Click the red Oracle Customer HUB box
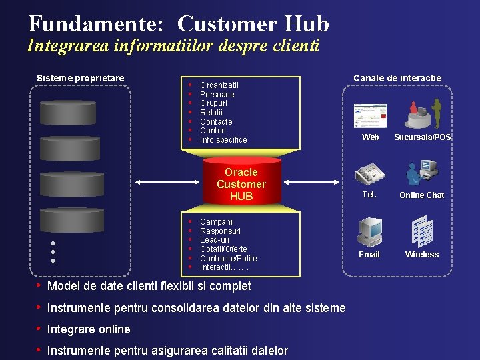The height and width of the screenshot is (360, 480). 241,183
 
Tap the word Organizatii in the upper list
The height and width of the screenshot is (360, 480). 219,85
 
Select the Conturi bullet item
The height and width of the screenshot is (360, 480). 214,131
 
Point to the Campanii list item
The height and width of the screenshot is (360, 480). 217,221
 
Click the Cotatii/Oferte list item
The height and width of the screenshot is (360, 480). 223,249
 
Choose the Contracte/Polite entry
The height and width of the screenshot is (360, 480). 228,259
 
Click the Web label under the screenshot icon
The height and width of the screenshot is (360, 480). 370,137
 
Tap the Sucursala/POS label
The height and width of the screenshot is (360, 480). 422,137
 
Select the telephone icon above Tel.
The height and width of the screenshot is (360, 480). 370,173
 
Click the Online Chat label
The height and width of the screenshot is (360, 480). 421,195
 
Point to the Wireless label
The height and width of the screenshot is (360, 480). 422,255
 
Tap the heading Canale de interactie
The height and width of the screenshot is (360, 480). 397,78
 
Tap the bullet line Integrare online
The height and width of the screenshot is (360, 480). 89,329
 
